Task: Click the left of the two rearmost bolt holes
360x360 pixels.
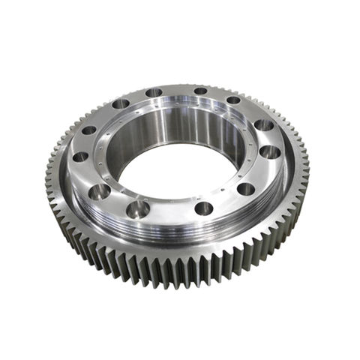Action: tap(154, 93)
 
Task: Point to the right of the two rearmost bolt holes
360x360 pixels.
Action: tap(200, 91)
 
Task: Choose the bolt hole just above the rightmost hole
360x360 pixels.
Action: tap(263, 125)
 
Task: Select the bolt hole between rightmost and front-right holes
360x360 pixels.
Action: tap(246, 189)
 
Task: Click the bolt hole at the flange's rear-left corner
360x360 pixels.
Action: tap(120, 104)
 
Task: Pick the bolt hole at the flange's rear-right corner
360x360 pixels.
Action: tap(233, 100)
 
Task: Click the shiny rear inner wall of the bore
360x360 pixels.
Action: tap(180, 127)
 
